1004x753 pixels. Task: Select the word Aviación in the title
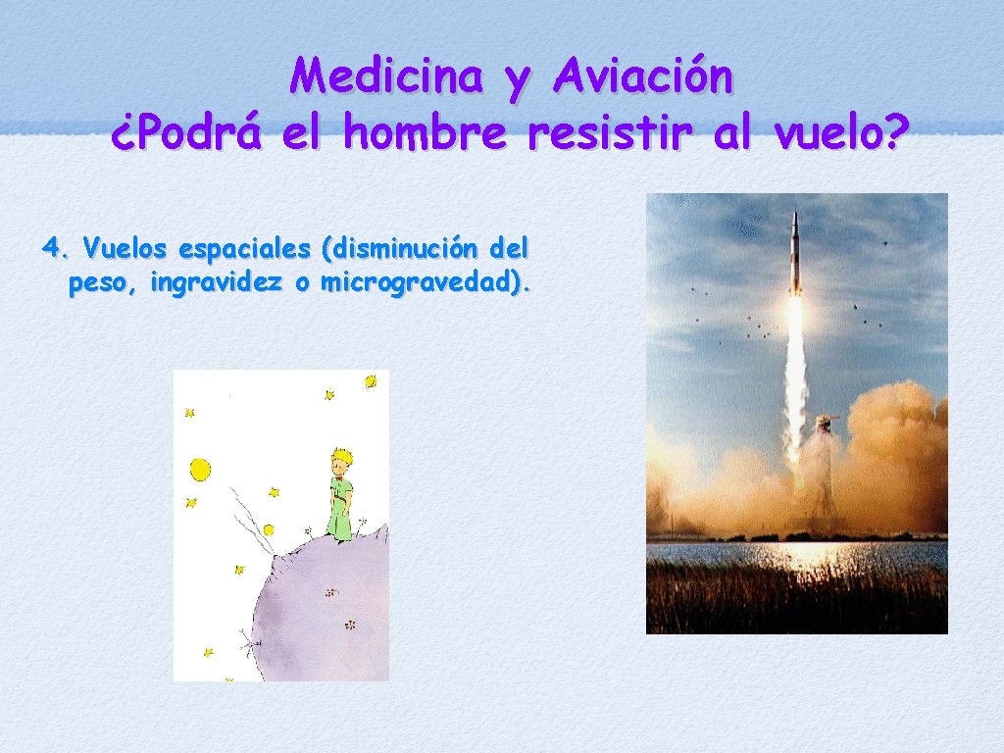pos(642,75)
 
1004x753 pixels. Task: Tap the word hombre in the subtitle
pos(426,134)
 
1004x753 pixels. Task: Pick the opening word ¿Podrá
pos(186,134)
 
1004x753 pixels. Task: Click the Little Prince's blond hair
pos(340,457)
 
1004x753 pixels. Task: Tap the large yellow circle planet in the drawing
pos(200,470)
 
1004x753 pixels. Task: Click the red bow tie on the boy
pos(340,479)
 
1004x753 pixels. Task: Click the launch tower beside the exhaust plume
pos(825,471)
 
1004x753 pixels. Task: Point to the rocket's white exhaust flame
pos(794,373)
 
